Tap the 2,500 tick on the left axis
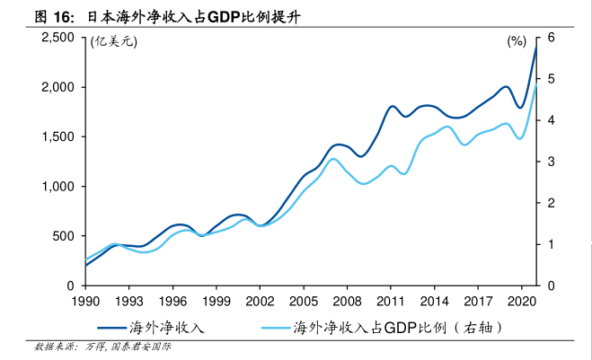click(x=57, y=38)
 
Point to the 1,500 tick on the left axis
click(x=57, y=137)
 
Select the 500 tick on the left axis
click(x=63, y=236)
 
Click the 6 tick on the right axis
click(x=548, y=38)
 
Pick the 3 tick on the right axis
click(x=548, y=162)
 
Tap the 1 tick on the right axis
click(x=548, y=244)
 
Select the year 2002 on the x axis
click(x=260, y=302)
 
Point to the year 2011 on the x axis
click(x=391, y=302)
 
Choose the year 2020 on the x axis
click(x=521, y=302)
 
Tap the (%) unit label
click(x=517, y=41)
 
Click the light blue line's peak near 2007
click(x=333, y=159)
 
